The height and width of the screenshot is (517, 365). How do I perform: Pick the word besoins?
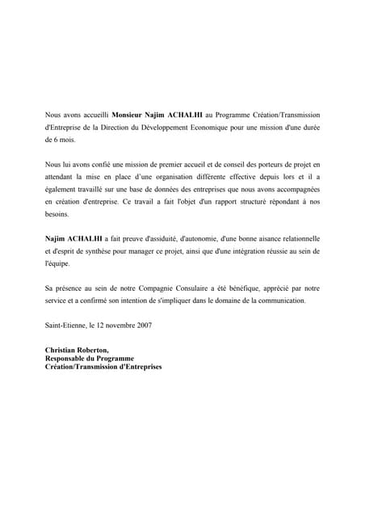[x=58, y=216]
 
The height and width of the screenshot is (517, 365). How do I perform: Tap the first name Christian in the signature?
[x=62, y=350]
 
